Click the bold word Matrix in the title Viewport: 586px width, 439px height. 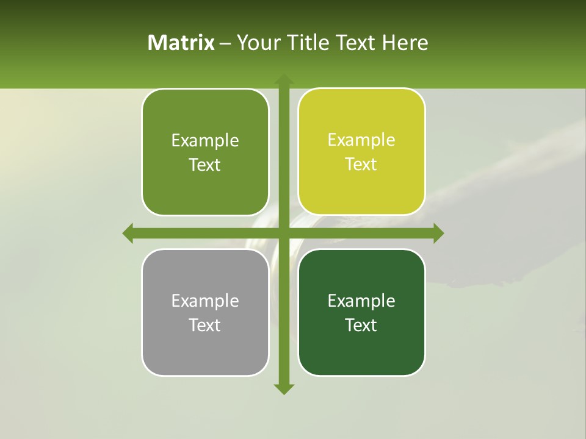pos(181,43)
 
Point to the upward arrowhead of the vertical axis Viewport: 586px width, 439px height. pos(283,80)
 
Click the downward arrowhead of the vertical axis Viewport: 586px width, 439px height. pos(283,388)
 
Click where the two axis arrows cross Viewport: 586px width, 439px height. pos(283,233)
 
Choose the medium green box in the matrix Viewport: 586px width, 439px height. pos(205,152)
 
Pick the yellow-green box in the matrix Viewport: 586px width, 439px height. pos(361,152)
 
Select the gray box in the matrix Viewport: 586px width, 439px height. pos(205,312)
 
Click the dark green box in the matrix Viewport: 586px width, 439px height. pos(361,312)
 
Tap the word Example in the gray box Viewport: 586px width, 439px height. pos(205,301)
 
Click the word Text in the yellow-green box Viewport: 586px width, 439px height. pos(361,165)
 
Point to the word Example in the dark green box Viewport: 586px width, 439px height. pos(361,301)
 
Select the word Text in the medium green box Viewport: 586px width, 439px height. pos(205,165)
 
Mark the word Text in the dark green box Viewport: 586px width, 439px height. pos(361,325)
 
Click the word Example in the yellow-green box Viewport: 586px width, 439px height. pos(361,140)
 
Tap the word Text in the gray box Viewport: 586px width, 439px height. pos(205,325)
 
